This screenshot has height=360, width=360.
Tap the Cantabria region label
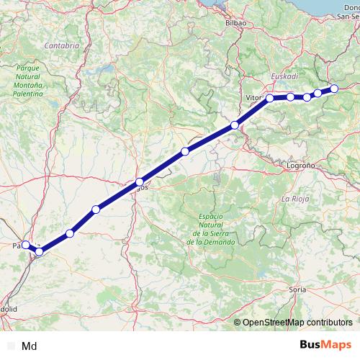61,45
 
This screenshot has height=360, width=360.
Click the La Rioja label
295,197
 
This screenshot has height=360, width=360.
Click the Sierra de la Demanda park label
210,229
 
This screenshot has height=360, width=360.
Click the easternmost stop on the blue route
334,89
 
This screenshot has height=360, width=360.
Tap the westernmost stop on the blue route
25,245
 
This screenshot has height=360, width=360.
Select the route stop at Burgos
139,182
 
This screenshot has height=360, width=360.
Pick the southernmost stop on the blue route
40,251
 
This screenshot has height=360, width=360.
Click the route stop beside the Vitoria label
270,98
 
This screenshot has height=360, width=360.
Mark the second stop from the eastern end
318,94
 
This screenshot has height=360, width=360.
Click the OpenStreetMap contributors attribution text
296,323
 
